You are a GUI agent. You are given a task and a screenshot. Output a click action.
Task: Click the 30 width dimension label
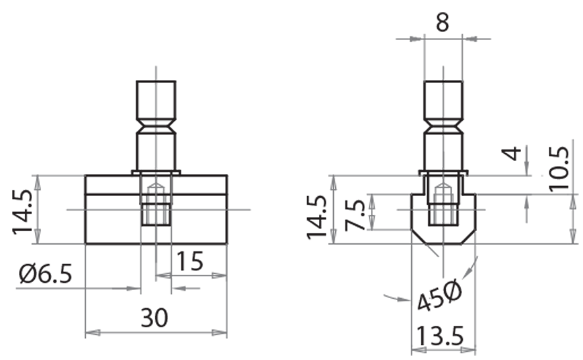pos(154,318)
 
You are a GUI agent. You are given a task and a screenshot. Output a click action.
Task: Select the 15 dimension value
pos(189,260)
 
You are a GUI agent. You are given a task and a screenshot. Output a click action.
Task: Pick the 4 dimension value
pos(514,154)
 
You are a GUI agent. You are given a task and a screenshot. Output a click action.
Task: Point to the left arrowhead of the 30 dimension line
pos(92,334)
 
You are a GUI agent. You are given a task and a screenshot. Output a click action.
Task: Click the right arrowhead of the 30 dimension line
pos(220,334)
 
